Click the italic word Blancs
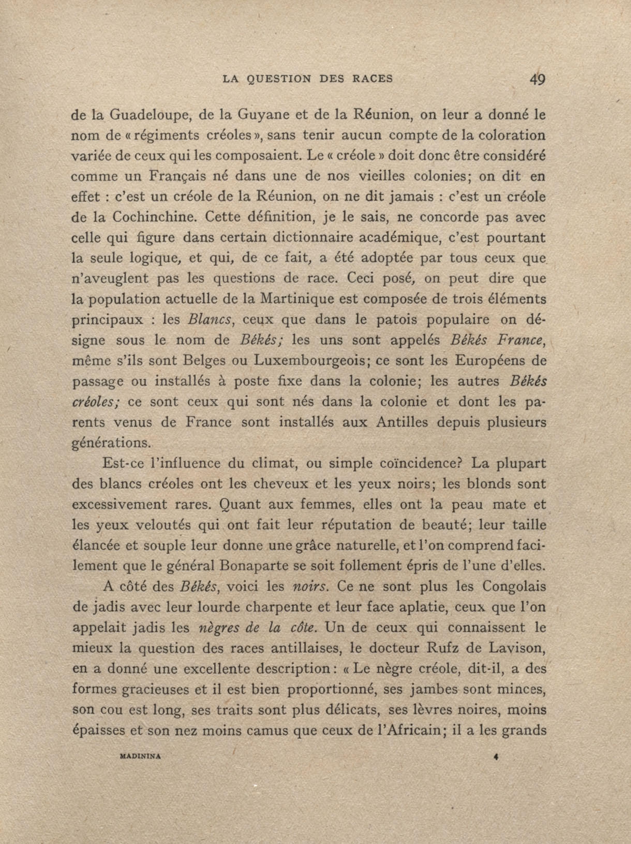click(209, 319)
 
